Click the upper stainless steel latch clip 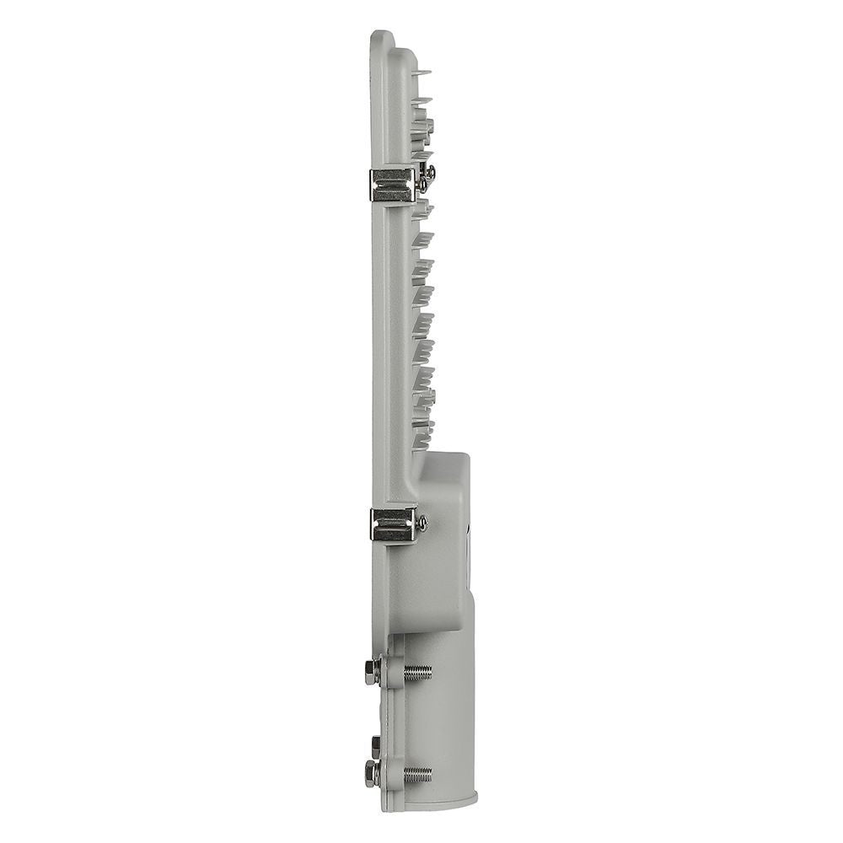[x=392, y=185]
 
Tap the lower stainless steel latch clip [x=392, y=524]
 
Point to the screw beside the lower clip [x=421, y=524]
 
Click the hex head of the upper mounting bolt [x=371, y=672]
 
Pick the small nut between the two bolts [x=375, y=744]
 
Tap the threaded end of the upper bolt [x=417, y=672]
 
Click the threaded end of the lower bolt [x=417, y=772]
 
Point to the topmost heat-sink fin [x=421, y=73]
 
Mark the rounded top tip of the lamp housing [x=381, y=35]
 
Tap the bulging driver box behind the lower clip [x=443, y=540]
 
